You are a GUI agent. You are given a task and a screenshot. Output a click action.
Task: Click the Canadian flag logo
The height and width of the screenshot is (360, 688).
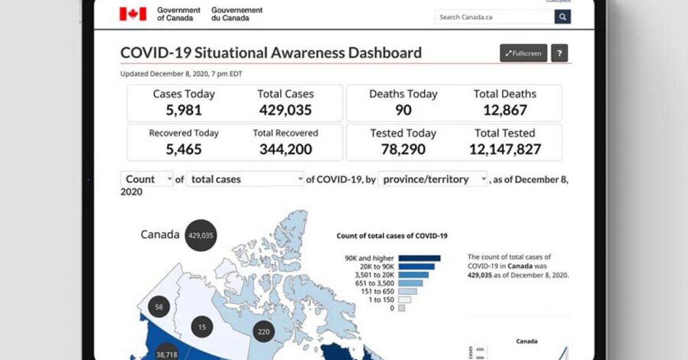point(133,14)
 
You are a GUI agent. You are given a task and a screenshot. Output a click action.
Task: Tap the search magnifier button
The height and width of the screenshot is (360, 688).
point(562,17)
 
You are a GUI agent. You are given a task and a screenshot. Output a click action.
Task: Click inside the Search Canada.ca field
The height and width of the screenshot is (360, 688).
point(494,17)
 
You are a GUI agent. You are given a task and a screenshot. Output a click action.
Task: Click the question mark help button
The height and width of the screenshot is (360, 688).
point(560,53)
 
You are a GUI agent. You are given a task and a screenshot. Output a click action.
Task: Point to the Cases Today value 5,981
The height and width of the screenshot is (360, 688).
point(183,110)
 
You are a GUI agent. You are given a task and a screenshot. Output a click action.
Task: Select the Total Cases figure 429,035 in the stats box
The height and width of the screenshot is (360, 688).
point(286,110)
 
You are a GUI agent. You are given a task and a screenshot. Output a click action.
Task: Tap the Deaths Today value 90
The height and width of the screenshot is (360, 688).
point(403,110)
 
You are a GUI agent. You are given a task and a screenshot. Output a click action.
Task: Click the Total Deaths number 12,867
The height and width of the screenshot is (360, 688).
point(505,110)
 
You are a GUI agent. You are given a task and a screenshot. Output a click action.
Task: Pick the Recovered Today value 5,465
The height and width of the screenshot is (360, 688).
point(183,150)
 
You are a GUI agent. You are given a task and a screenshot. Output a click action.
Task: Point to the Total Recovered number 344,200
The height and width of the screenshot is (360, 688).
point(286,150)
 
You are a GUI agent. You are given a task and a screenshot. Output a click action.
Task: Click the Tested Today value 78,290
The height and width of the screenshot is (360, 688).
point(403,150)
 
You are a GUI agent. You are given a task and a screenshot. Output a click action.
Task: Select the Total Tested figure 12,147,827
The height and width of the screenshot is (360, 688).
point(505,150)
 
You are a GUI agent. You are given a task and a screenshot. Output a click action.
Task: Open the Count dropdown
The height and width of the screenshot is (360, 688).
point(147,179)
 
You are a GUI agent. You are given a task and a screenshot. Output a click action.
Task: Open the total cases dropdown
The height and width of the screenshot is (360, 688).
point(245,179)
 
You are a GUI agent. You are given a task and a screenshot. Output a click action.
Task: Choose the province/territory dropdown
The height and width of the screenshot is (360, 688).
point(432,179)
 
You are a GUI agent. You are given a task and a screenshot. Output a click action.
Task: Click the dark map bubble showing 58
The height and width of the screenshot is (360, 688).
point(159,307)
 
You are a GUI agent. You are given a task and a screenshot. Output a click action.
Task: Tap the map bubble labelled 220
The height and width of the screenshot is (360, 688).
point(263,331)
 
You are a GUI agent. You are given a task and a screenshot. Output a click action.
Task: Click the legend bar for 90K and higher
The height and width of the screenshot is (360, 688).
point(419,259)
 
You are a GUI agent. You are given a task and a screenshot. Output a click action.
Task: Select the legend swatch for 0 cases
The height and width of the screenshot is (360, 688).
point(401,308)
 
